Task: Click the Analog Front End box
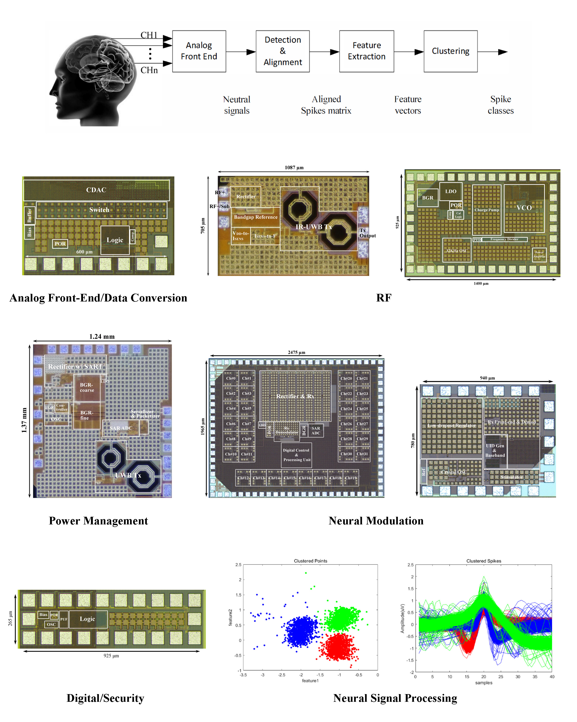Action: [199, 51]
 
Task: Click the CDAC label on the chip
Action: [96, 190]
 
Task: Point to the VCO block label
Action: [524, 208]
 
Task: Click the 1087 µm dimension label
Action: [294, 167]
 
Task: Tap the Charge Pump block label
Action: [486, 210]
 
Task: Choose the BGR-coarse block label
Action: [87, 387]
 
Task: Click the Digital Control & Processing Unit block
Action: [297, 455]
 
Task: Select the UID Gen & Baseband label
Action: [495, 450]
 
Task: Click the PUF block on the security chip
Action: [64, 619]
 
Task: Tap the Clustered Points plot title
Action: [310, 561]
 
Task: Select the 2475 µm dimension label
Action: [296, 352]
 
